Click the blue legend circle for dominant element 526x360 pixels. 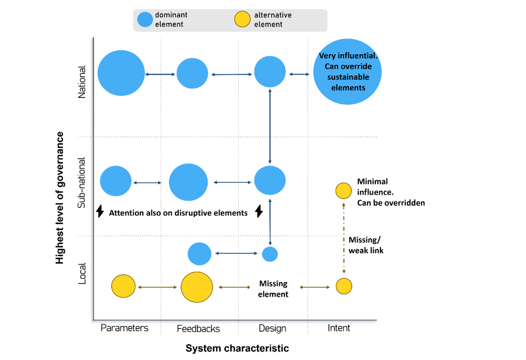145,20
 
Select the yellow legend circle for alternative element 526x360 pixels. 242,20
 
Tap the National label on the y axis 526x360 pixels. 82,82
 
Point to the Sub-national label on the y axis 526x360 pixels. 82,182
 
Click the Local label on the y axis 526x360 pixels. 82,273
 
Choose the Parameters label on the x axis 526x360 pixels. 124,328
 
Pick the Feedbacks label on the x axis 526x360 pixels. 198,328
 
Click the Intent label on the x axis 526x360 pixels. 339,328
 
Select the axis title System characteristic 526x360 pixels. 237,348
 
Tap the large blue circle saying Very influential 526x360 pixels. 348,72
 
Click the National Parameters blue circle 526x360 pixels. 121,73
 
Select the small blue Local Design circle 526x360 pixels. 270,254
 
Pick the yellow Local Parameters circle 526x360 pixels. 124,286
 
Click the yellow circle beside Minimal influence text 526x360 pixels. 344,191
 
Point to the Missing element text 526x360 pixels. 273,289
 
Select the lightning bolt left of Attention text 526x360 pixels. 100,212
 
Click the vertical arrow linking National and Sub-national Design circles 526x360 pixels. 270,127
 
